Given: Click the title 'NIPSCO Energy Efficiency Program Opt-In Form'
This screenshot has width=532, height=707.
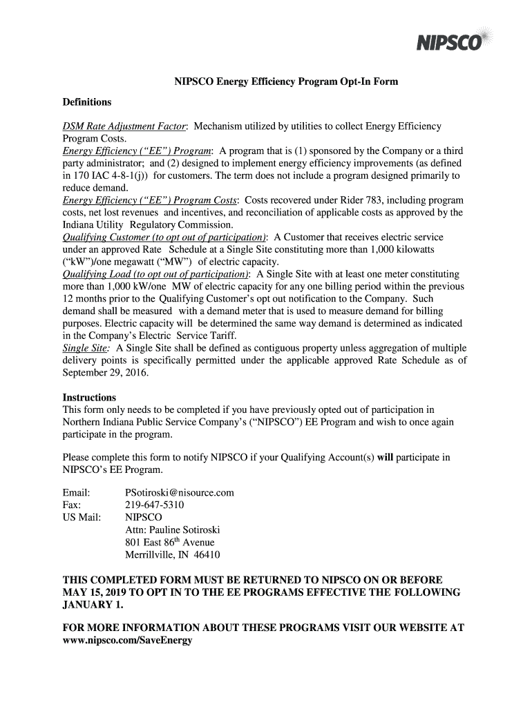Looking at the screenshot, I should coord(285,82).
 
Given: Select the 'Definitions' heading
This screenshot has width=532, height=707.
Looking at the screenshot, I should coord(87,102).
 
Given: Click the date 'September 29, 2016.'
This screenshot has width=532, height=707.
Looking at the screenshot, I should coord(106,373).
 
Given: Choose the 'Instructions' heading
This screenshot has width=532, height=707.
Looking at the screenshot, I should coord(89,398).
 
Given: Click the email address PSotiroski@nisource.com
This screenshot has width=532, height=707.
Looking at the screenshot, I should coord(179,492).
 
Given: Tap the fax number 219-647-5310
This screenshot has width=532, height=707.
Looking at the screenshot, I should coord(154,505).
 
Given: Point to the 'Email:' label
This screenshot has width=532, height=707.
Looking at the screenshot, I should coord(77,492).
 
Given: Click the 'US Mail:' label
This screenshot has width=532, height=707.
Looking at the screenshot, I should coord(82,517).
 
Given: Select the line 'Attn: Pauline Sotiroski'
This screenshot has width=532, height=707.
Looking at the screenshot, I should coord(172,530).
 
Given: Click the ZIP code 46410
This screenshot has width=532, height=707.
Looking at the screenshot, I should coord(207,554).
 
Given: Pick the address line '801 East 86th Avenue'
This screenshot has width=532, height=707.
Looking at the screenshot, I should coord(169,542).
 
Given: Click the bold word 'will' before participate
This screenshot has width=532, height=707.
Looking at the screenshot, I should coord(384,457).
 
